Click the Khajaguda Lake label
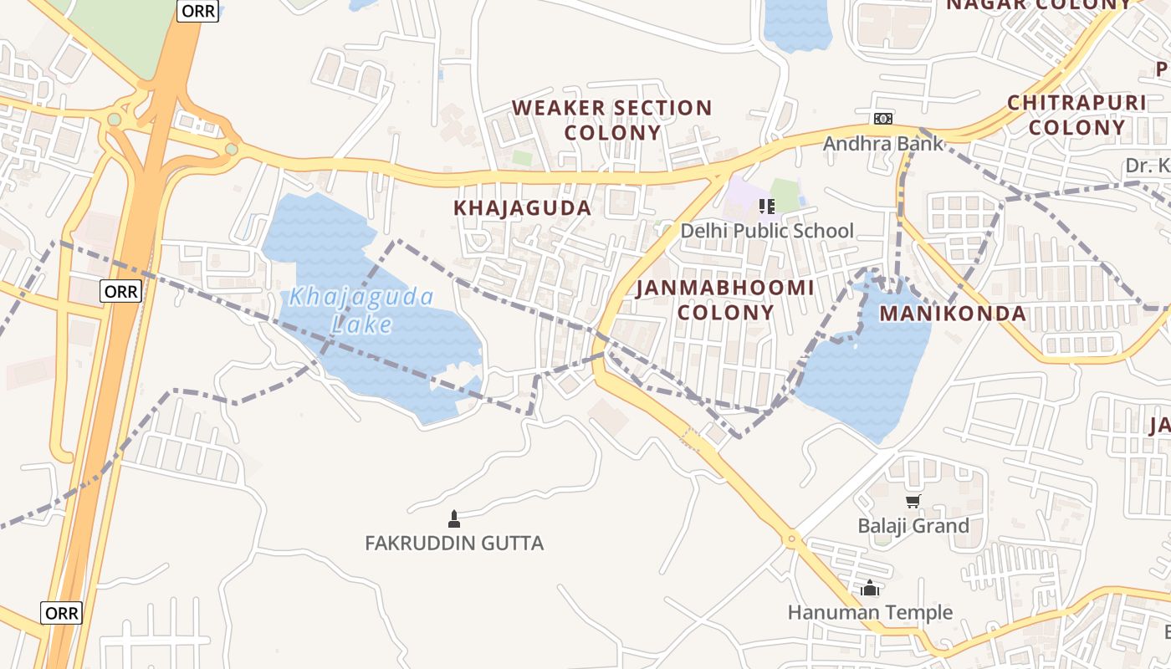click(x=361, y=309)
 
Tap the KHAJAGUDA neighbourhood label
click(x=522, y=208)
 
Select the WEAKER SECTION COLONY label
click(x=611, y=120)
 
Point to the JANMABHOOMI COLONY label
click(x=725, y=300)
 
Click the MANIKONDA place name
click(x=953, y=314)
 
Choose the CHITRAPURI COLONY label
click(x=1076, y=115)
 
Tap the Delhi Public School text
click(x=767, y=231)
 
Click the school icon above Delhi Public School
click(x=765, y=206)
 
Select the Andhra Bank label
click(x=883, y=144)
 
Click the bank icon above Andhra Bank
click(x=883, y=119)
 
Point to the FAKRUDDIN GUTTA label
click(x=454, y=544)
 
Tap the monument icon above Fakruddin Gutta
click(x=454, y=519)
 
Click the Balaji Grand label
click(x=913, y=526)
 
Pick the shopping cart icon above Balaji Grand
click(x=913, y=502)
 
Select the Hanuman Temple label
click(x=870, y=613)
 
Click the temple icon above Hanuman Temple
click(x=870, y=589)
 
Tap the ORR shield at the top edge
click(x=198, y=11)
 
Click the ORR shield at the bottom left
click(x=62, y=613)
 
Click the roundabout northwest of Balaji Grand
click(x=791, y=538)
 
